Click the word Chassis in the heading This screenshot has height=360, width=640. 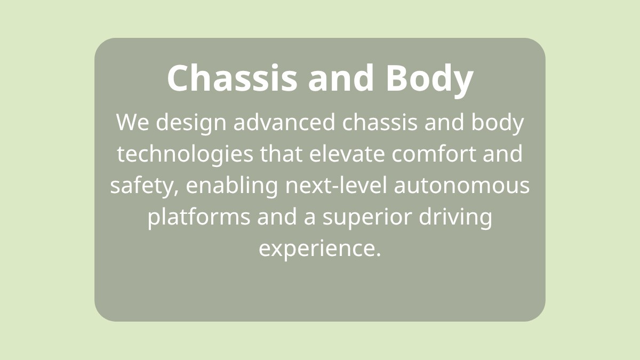point(233,78)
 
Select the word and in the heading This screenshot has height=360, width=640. point(341,78)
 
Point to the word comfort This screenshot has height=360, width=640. point(434,154)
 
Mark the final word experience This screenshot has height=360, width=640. point(319,249)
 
